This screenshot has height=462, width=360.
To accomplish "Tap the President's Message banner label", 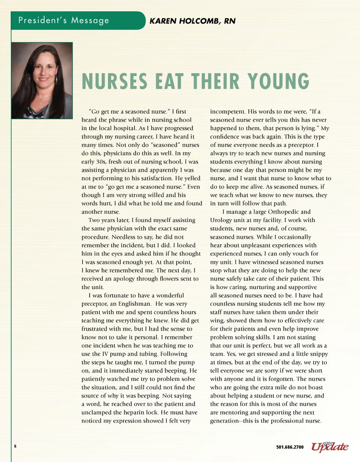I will pos(64,20).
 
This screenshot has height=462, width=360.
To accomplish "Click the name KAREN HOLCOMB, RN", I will pos(192,21).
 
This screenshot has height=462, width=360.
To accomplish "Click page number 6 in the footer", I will pos(15,446).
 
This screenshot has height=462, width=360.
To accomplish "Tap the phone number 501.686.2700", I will pos(290,447).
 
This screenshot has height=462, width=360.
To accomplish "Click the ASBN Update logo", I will pos(329,446).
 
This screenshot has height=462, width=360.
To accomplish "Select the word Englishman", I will pos(135,304).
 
